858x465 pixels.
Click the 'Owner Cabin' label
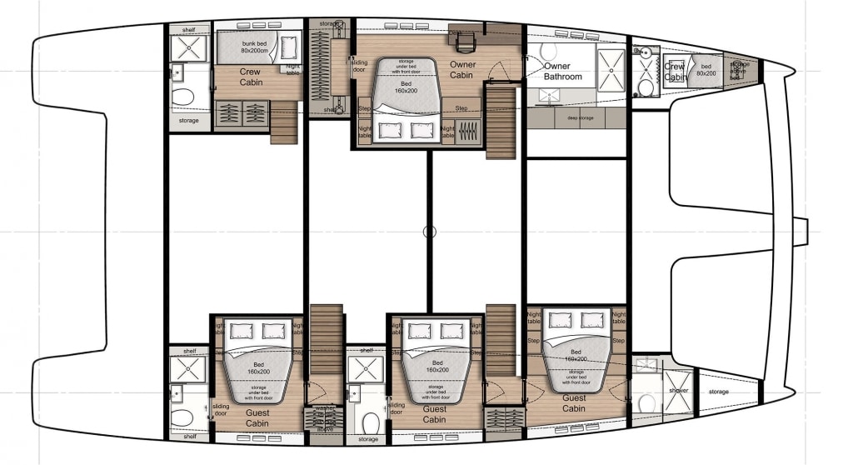[x=462, y=69]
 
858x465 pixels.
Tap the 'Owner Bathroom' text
[x=563, y=71]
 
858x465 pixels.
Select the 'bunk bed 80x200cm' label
[x=249, y=46]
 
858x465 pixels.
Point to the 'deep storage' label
[x=578, y=117]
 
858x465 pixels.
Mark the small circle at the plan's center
[x=429, y=232]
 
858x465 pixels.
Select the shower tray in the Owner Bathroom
[x=611, y=67]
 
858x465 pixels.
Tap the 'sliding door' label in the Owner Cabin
[x=358, y=66]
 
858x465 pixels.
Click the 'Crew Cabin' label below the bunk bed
[x=250, y=77]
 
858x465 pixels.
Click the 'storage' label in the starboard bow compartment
[x=718, y=392]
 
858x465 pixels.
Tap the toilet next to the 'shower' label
[x=646, y=403]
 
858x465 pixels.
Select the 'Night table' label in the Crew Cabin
[x=292, y=69]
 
